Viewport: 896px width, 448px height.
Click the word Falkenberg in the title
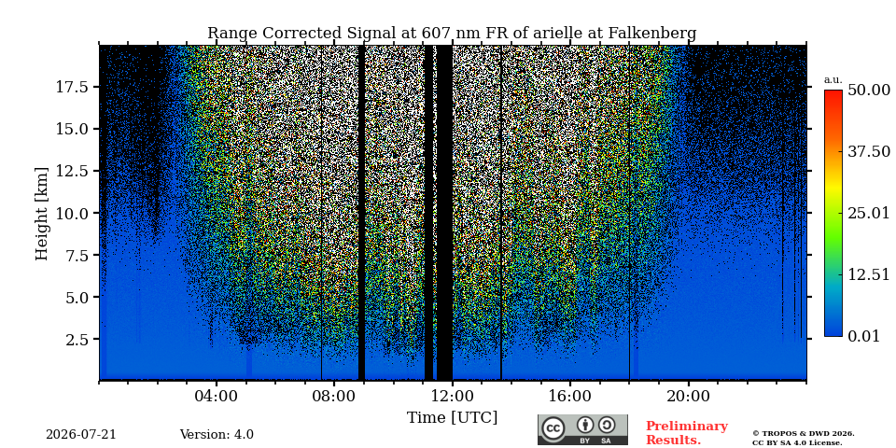(652, 34)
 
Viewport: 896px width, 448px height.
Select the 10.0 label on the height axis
(71, 213)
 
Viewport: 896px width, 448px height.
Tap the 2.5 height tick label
(76, 340)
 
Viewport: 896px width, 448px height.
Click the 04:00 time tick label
(217, 396)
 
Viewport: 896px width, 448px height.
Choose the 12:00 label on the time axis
(453, 396)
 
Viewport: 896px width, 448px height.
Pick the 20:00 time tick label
(688, 396)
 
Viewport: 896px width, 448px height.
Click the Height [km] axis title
(42, 214)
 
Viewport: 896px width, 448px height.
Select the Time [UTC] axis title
(452, 418)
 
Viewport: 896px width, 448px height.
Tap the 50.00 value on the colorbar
(869, 90)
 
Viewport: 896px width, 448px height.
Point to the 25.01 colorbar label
(869, 213)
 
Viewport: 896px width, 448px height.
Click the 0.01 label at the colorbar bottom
(863, 335)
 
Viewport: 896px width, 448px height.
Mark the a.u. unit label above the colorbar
(833, 80)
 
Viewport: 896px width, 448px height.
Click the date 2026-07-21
(81, 435)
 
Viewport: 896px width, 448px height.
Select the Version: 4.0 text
(217, 435)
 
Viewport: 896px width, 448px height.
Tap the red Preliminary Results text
(687, 433)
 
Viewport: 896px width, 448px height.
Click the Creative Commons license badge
(582, 429)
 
